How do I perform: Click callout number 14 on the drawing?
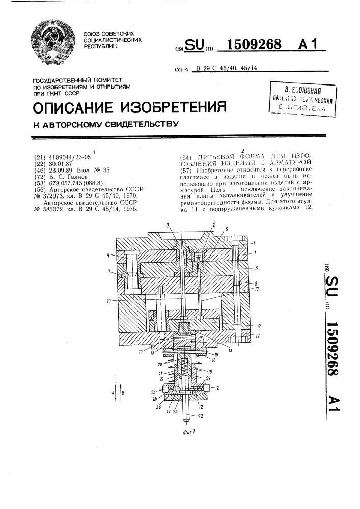140,351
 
